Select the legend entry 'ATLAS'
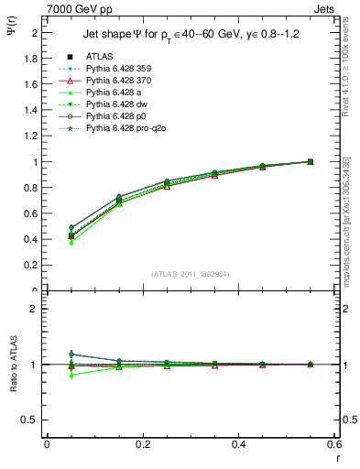click(101, 56)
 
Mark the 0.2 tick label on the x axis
click(142, 444)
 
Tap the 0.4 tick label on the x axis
click(238, 444)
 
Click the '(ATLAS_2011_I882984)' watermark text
click(190, 274)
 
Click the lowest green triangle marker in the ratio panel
click(71, 376)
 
